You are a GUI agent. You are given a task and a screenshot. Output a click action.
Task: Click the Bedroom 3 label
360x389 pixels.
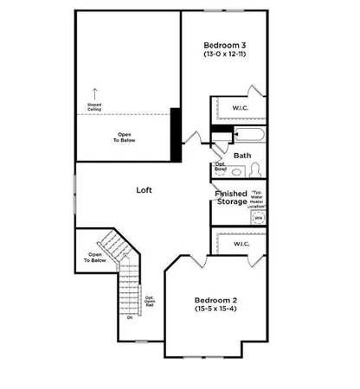pos(223,45)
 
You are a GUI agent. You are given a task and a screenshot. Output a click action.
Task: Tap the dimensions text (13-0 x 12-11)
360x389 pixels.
pos(223,55)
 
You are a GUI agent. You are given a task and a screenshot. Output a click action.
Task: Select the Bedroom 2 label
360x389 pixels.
pos(215,301)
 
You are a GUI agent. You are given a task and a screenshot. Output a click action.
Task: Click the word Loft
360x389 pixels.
pos(145,188)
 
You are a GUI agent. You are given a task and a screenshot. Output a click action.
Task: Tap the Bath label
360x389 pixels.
pos(242,156)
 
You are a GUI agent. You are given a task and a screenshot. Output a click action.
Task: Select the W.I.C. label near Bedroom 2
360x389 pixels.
pos(241,244)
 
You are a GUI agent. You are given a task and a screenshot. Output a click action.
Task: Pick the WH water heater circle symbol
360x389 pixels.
pos(258,219)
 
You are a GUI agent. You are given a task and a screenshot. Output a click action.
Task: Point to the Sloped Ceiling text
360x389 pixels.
pos(95,108)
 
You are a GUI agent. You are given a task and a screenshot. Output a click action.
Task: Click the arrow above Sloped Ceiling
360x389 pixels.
pos(95,92)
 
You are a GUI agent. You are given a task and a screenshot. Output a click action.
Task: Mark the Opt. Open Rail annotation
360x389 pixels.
pos(149,303)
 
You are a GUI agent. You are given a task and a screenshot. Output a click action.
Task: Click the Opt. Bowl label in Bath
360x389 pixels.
pos(220,167)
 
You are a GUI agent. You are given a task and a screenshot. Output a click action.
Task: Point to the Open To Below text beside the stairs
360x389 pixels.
pos(95,257)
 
